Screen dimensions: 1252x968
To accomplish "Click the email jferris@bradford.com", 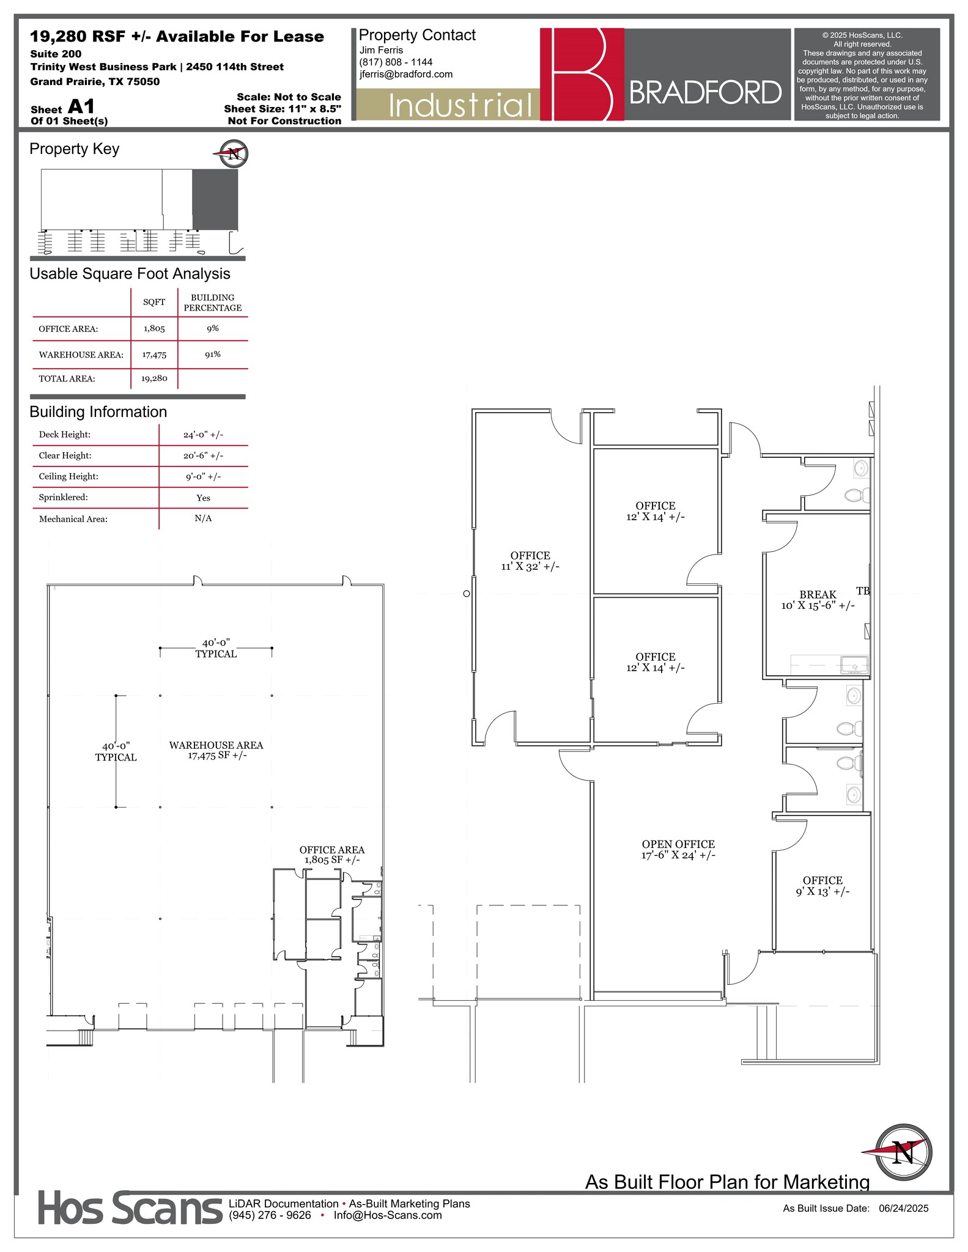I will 406,75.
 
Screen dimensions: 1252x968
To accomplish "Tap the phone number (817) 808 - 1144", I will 396,62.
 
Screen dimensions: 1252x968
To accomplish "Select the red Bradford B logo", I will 582,74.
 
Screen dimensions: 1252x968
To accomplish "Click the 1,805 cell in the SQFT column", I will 154,329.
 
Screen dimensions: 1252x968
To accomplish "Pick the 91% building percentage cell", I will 213,355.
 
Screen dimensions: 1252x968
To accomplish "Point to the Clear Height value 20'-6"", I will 203,456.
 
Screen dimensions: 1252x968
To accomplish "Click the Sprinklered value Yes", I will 203,498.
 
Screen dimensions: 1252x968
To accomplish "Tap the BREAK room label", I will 818,595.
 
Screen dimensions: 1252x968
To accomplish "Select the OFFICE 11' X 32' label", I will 530,561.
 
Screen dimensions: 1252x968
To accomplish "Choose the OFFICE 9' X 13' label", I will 822,886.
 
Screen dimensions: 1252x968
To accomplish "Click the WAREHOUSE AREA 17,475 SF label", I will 216,750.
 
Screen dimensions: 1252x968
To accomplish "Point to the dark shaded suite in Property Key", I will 215,199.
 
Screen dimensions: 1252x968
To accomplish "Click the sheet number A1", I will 81,107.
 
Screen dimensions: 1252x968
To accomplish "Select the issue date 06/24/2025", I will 903,1208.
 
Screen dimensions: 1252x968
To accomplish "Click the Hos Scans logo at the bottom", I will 130,1208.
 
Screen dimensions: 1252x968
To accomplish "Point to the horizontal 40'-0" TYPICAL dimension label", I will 216,648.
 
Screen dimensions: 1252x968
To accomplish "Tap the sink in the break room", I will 854,664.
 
